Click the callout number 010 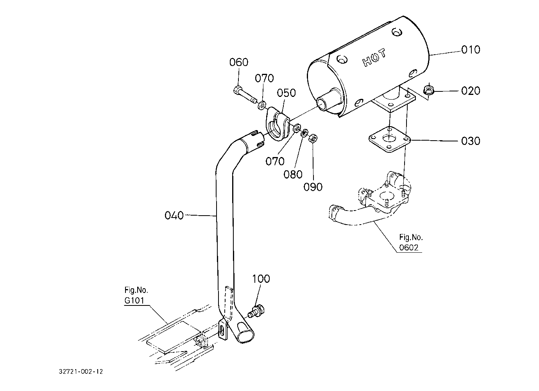pos(471,50)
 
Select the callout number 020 pos(471,91)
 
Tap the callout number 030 pos(471,141)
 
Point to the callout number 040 pos(174,216)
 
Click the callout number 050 pos(286,93)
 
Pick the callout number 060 pos(238,62)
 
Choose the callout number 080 pos(293,175)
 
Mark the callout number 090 pos(313,187)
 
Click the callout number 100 pos(261,279)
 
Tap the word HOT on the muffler pos(374,57)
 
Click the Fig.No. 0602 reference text pos(411,243)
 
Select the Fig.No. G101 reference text pos(136,295)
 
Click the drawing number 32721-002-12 pos(81,372)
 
